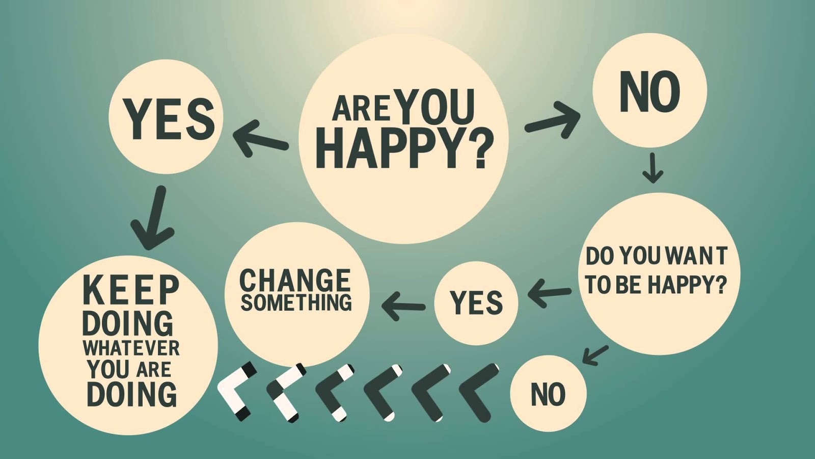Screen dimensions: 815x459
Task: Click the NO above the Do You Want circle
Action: (649, 92)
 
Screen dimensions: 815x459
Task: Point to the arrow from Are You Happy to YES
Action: (260, 139)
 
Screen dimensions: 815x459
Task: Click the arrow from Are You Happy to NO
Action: (553, 120)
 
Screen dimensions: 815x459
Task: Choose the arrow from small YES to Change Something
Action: (403, 306)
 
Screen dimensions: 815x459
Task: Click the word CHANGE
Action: (295, 280)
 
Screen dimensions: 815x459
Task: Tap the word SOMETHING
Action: (296, 302)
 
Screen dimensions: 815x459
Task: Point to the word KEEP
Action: (131, 290)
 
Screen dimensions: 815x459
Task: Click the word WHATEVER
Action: (131, 348)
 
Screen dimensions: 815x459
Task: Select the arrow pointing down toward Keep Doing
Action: (153, 219)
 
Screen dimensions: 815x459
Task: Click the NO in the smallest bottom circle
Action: (548, 394)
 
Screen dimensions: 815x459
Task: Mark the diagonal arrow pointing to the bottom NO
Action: (594, 354)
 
